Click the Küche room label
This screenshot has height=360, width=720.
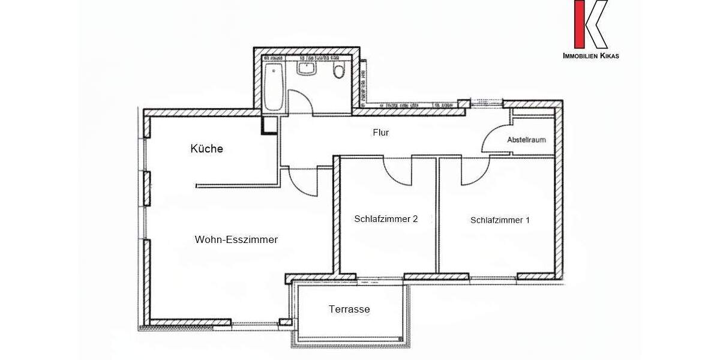206,149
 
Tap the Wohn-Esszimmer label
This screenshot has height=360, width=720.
236,239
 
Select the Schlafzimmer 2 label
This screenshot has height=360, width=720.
386,219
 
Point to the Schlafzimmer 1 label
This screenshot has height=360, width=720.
500,220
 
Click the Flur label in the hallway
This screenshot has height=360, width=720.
380,133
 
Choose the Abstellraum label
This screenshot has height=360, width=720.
526,140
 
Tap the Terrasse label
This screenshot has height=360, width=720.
349,310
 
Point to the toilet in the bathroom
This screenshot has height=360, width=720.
339,72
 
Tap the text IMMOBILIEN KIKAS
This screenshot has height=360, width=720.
590,56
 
